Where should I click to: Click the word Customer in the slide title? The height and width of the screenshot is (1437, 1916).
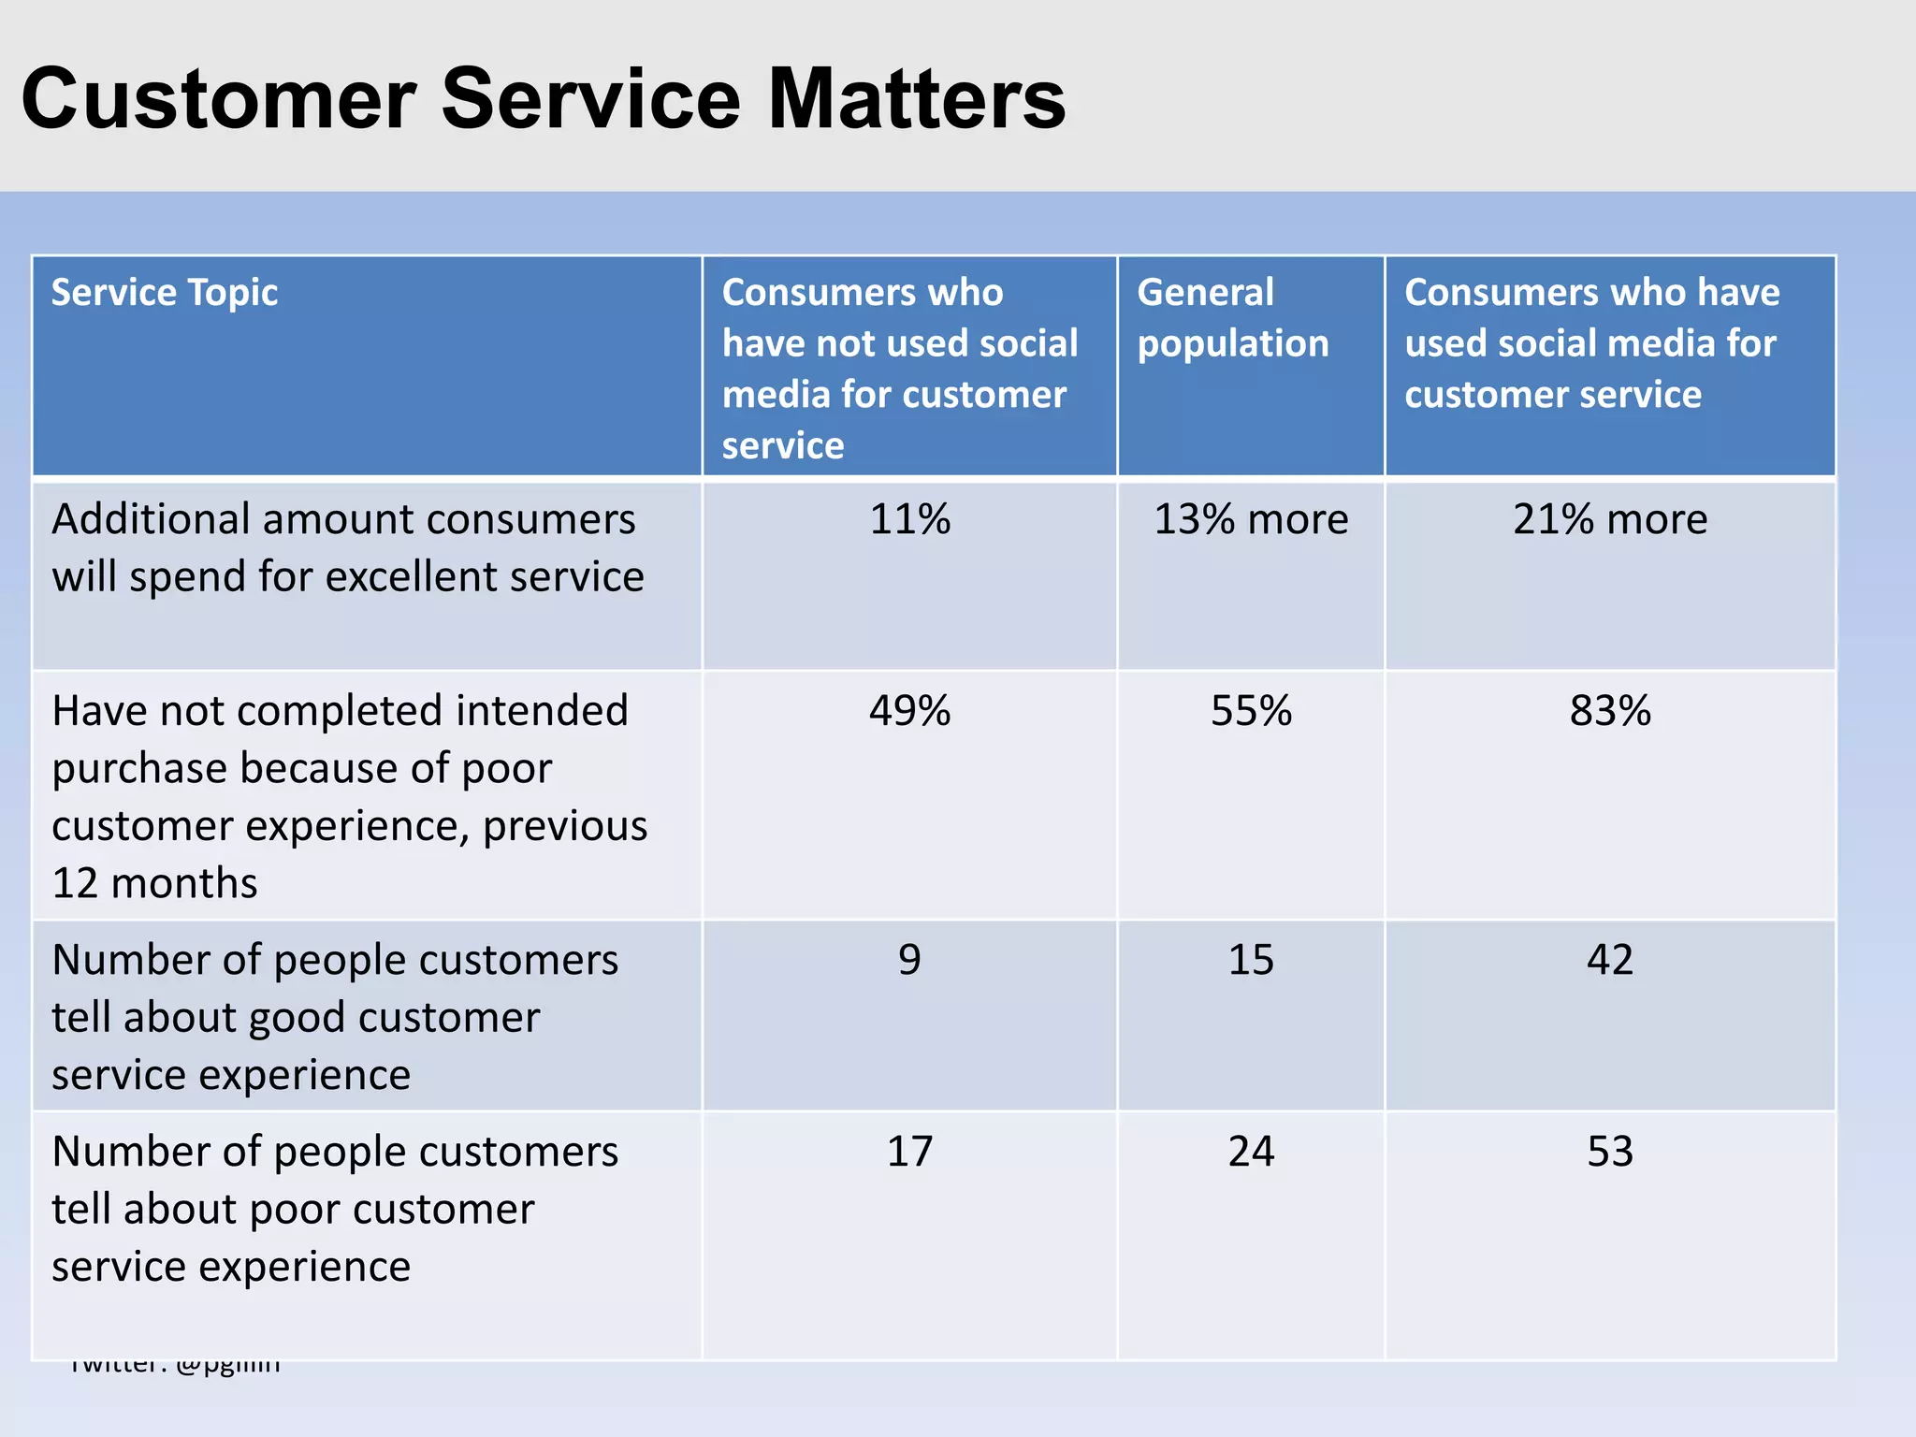click(x=218, y=99)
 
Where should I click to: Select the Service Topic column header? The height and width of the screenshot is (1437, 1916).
click(x=165, y=293)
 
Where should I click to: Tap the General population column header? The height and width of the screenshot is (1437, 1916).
click(x=1232, y=318)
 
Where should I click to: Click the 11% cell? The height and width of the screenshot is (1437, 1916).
click(x=909, y=519)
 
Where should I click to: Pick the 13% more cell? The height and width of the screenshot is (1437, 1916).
click(x=1251, y=519)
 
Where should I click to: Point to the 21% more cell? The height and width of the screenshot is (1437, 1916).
click(x=1609, y=519)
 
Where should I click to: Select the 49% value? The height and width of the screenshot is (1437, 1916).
click(x=909, y=711)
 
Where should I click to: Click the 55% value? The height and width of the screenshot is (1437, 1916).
click(x=1251, y=711)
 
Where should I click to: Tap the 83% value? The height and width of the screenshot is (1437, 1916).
click(x=1609, y=711)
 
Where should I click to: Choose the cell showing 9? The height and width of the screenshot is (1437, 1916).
click(x=909, y=960)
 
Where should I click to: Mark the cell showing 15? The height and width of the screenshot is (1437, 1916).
click(x=1251, y=960)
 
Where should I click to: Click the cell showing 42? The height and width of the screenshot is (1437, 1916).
click(x=1609, y=960)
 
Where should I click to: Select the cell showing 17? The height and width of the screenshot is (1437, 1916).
click(x=909, y=1152)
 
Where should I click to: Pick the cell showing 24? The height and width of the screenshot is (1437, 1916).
click(x=1251, y=1152)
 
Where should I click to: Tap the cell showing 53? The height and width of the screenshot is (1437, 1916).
click(x=1609, y=1152)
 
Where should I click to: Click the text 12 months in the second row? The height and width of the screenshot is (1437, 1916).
click(x=154, y=883)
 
